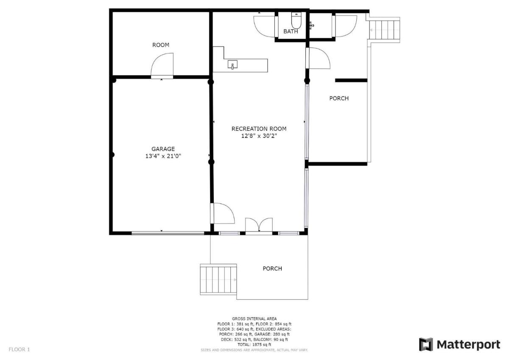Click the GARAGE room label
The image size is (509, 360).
(x=163, y=149)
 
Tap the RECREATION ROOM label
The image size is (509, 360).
(x=259, y=129)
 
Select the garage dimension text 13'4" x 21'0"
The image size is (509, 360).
(x=163, y=156)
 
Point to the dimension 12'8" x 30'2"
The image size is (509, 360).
(x=259, y=136)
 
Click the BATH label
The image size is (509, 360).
(x=291, y=31)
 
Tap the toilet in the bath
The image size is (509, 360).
(x=296, y=20)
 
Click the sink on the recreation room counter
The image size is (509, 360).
(x=232, y=64)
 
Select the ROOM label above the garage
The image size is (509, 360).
(x=161, y=45)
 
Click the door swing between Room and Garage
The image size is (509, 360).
(x=162, y=64)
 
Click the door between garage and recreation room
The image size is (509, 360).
(x=223, y=213)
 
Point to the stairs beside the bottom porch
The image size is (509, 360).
(x=218, y=279)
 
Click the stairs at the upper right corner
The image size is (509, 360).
(x=384, y=30)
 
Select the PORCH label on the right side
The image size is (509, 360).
(x=339, y=98)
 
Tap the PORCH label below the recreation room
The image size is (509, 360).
(x=272, y=268)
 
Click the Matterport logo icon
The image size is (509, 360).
(x=426, y=344)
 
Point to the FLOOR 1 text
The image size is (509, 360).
(x=19, y=349)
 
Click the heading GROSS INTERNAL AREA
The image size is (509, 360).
(x=254, y=319)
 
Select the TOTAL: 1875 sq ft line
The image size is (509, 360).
(x=254, y=345)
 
